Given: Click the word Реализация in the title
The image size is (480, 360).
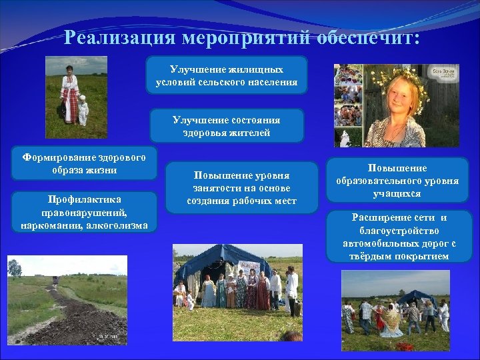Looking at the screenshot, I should pos(117,37).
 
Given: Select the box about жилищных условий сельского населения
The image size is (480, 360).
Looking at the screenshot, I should pos(227,75).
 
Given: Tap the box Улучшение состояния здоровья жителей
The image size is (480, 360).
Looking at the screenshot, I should pos(227,126).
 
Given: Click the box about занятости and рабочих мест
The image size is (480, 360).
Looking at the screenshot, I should pos(241,187).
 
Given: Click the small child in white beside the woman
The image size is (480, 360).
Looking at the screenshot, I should pos(83,109).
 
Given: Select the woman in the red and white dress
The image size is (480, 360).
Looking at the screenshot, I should pos(69,95).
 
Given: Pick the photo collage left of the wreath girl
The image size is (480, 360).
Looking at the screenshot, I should pos(348,105).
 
